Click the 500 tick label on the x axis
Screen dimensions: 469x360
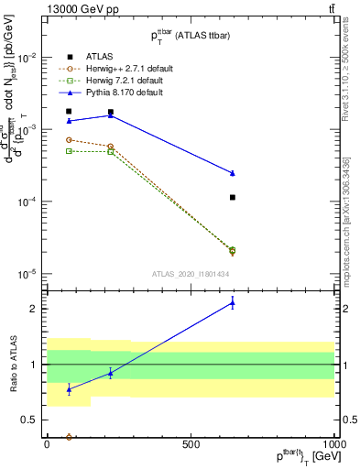pyautogui.click(x=191, y=444)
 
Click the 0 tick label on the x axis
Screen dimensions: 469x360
pyautogui.click(x=46, y=444)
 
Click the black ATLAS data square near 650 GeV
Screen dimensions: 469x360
pyautogui.click(x=233, y=197)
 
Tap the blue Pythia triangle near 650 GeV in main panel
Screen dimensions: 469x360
pyautogui.click(x=233, y=172)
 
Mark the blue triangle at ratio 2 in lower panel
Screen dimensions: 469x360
pyautogui.click(x=233, y=303)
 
